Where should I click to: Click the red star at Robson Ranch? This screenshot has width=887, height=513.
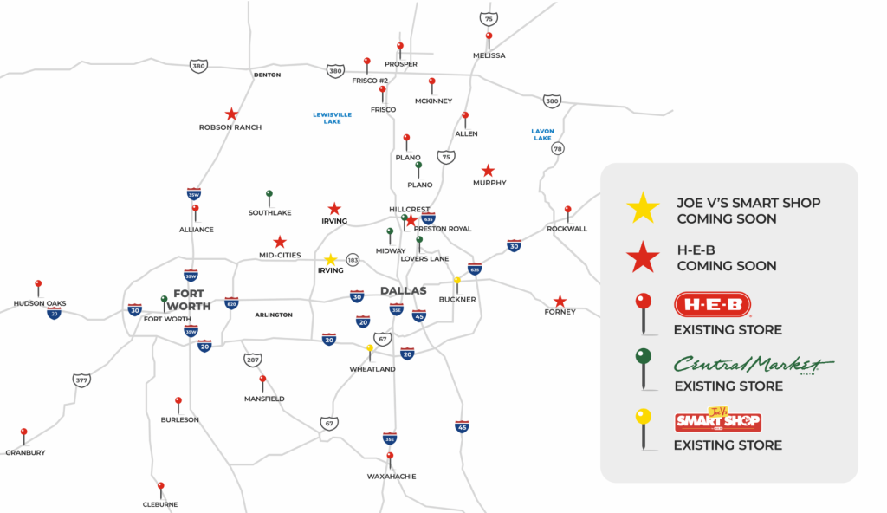click(x=231, y=114)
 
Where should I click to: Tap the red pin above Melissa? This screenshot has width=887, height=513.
click(x=489, y=37)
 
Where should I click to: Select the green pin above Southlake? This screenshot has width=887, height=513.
click(x=269, y=195)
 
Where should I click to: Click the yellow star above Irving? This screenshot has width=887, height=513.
click(x=330, y=259)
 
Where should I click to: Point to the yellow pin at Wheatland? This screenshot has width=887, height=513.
click(x=370, y=349)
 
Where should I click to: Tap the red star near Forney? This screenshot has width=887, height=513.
click(x=560, y=301)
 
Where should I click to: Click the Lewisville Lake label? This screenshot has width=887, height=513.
click(x=332, y=118)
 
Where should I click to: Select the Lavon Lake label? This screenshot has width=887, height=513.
click(x=542, y=134)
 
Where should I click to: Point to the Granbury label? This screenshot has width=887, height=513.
click(x=25, y=452)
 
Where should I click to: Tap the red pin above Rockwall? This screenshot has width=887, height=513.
click(x=567, y=211)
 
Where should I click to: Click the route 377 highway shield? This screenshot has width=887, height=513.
click(x=81, y=380)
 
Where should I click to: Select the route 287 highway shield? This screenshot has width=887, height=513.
click(x=251, y=359)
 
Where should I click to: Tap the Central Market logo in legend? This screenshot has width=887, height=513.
click(x=754, y=363)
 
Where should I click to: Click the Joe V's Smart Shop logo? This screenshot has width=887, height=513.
click(x=718, y=420)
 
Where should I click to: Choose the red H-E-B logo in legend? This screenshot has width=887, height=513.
click(x=712, y=305)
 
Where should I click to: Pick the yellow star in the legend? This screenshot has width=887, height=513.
click(x=643, y=207)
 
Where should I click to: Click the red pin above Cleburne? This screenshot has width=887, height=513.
click(x=160, y=487)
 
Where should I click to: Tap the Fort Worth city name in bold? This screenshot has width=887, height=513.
click(x=188, y=300)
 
